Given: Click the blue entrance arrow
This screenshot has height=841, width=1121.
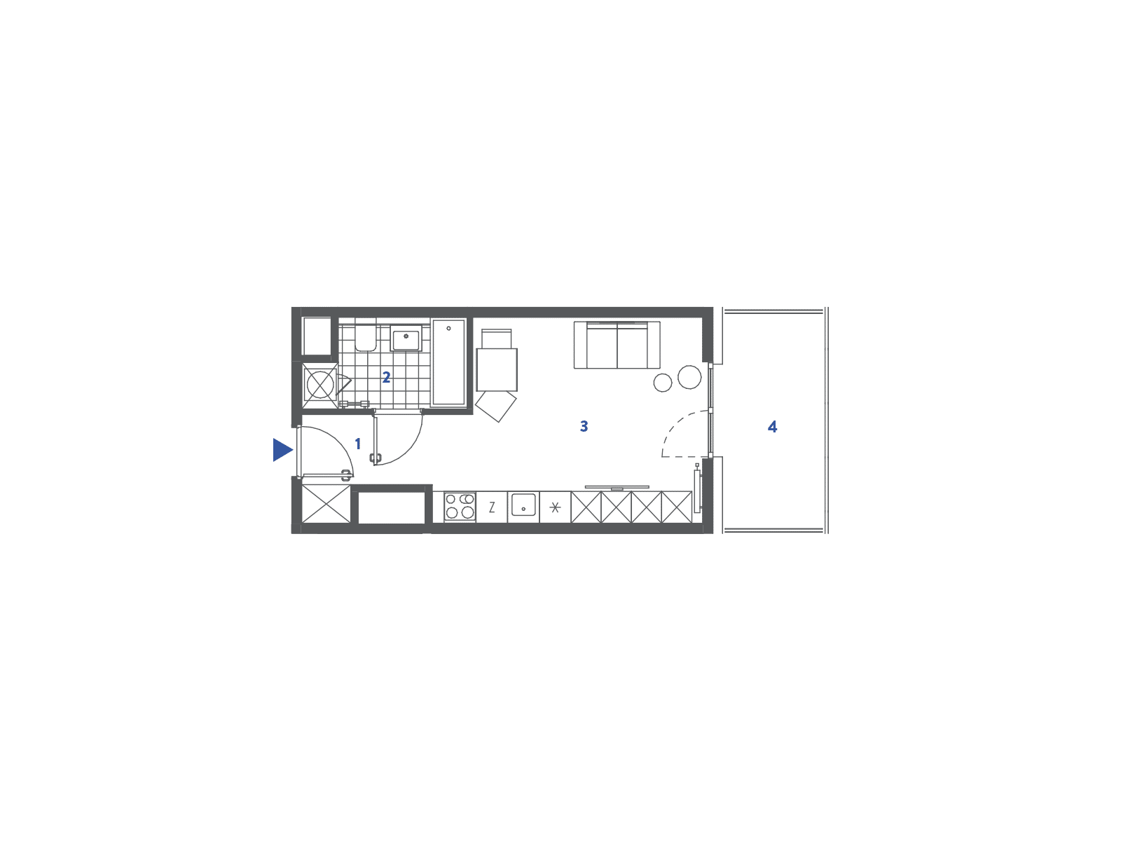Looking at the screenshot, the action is click(282, 449).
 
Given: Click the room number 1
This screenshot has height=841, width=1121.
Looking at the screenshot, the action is click(357, 444).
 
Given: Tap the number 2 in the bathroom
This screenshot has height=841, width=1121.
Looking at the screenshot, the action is click(386, 377).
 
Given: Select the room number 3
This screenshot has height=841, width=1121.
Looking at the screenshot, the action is click(584, 426).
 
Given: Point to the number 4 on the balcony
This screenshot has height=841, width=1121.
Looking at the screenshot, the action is click(772, 426).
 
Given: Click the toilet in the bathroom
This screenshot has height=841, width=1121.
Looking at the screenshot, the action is click(366, 335).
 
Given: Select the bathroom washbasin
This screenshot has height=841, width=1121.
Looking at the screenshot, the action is click(406, 338).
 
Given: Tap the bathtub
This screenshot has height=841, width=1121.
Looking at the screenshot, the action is click(448, 362).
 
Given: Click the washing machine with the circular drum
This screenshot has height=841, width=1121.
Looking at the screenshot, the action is click(319, 385).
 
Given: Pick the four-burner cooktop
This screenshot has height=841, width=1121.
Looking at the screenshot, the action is click(460, 506).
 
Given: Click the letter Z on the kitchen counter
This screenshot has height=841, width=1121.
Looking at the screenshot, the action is click(492, 507).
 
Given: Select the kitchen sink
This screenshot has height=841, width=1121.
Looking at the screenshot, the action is click(523, 505).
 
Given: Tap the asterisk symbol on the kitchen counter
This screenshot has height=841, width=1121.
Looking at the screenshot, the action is click(555, 507).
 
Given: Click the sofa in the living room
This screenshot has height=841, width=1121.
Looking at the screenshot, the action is click(617, 345).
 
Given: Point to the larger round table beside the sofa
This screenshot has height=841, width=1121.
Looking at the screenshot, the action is click(689, 377).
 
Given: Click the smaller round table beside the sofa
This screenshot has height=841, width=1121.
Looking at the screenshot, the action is click(663, 383).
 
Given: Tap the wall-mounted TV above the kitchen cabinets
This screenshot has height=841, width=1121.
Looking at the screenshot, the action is click(617, 488).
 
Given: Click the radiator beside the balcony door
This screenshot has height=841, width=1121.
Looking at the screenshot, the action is click(696, 490).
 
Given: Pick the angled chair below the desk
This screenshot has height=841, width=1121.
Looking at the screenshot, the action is click(496, 406).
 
